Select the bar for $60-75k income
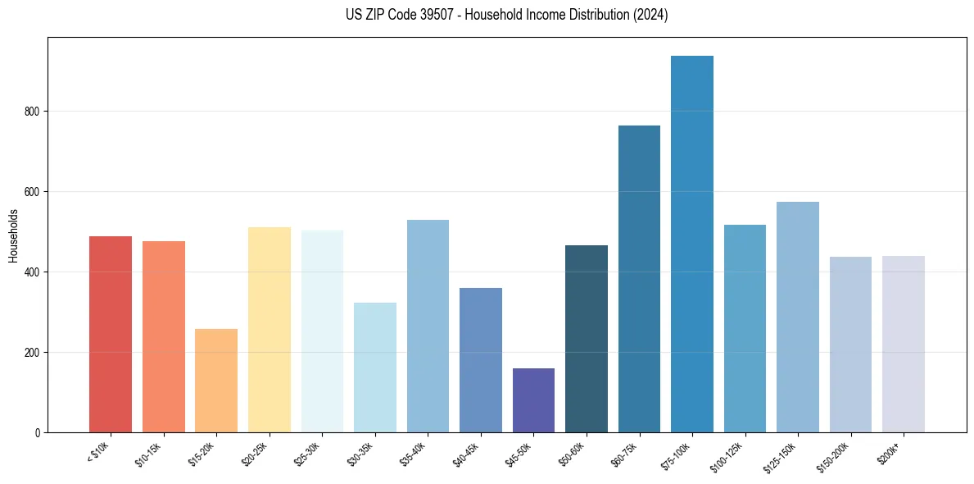coord(639,279)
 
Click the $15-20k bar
coord(216,381)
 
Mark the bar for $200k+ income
coord(903,344)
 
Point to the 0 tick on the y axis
coord(38,433)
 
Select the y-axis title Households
coord(13,235)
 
